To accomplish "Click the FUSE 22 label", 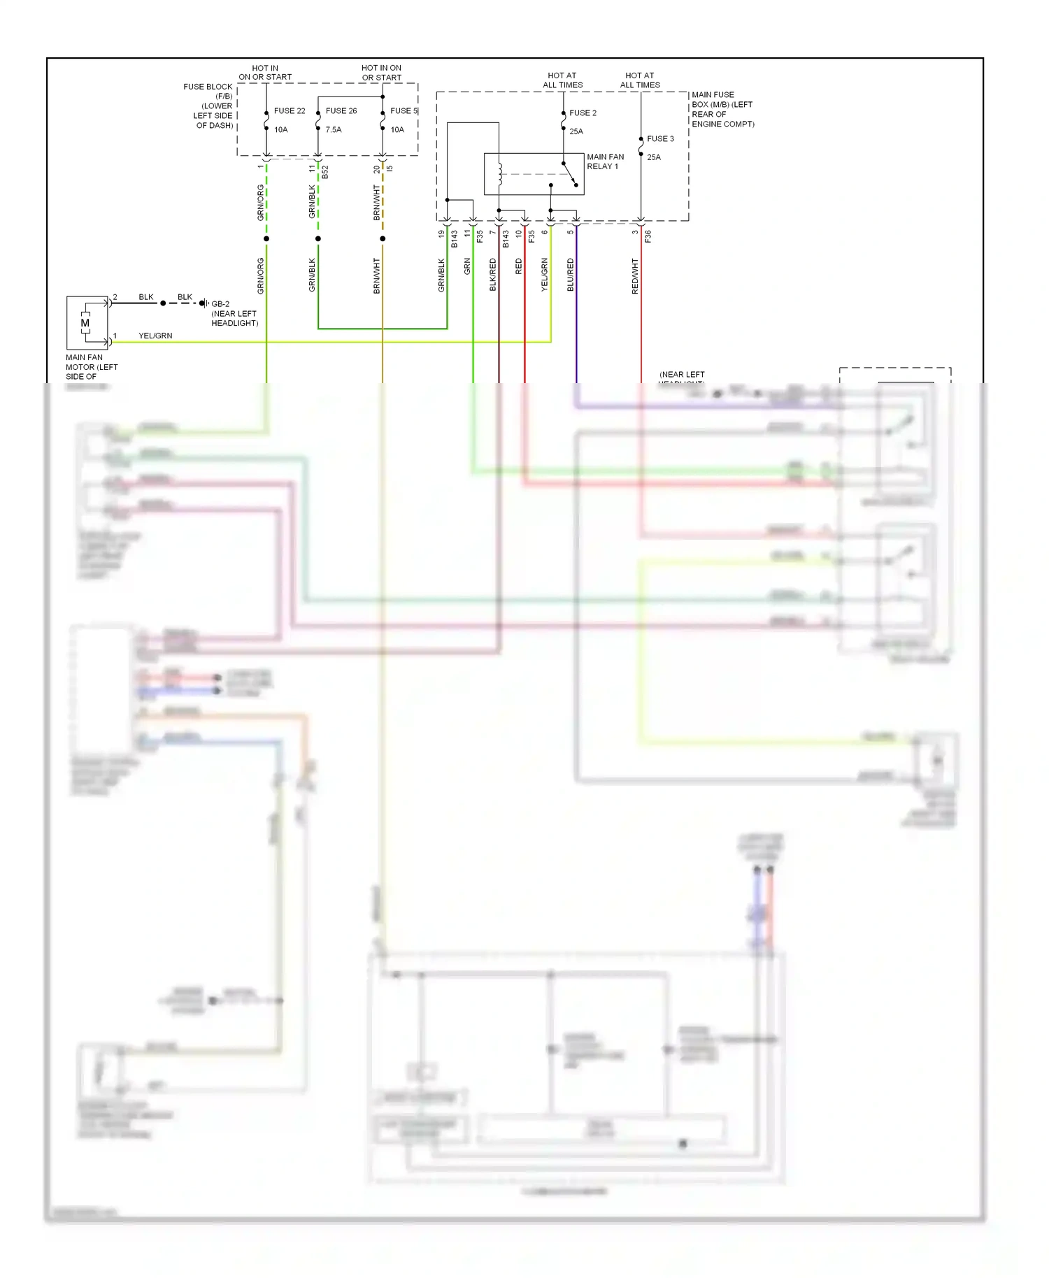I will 290,111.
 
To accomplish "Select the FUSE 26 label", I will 341,111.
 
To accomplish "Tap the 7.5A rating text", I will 334,130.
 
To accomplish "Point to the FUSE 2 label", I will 583,113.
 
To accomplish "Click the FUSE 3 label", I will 660,139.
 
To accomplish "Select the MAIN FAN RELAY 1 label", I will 605,161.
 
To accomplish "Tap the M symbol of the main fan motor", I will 85,323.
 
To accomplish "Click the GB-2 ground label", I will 220,304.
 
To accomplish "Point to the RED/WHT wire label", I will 635,275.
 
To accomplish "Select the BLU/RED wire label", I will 570,275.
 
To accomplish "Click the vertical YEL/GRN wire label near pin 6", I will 544,274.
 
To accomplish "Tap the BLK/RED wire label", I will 492,275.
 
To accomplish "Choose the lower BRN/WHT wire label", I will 376,275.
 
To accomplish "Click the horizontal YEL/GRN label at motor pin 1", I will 155,336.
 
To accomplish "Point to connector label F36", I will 648,236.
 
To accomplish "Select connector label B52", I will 325,172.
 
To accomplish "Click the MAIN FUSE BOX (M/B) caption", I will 722,109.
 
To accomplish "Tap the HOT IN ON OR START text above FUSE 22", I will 265,73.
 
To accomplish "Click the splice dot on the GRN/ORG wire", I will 266,239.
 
